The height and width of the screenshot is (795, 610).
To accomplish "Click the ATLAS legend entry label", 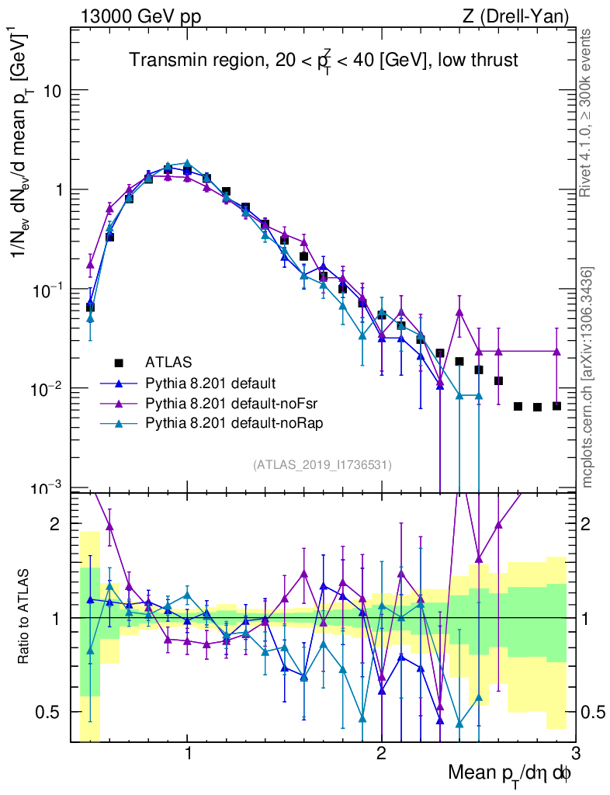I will [168, 362].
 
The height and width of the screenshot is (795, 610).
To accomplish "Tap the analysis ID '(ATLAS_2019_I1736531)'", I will [322, 465].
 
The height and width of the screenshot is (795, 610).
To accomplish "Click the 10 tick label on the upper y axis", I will [52, 91].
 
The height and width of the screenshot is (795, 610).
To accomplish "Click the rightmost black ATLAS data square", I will [556, 406].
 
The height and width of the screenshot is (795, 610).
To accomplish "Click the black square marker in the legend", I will [119, 363].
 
